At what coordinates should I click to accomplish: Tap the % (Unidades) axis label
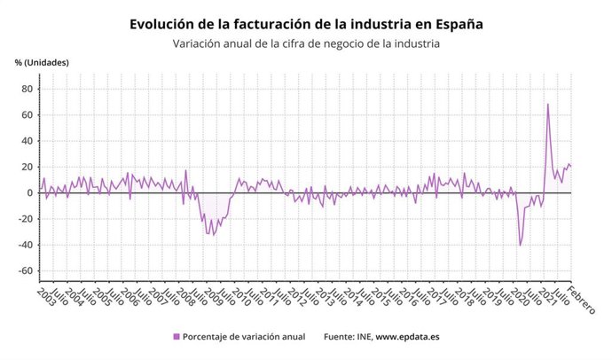pyautogui.click(x=42, y=62)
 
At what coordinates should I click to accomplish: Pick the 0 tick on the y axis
pyautogui.click(x=29, y=193)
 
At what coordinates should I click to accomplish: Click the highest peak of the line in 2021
pyautogui.click(x=547, y=105)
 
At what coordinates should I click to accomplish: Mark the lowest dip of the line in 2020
pyautogui.click(x=520, y=245)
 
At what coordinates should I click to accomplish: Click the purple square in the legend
pyautogui.click(x=177, y=337)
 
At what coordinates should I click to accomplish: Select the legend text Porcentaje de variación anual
pyautogui.click(x=244, y=337)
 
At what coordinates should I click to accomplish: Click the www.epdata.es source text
pyautogui.click(x=410, y=337)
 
